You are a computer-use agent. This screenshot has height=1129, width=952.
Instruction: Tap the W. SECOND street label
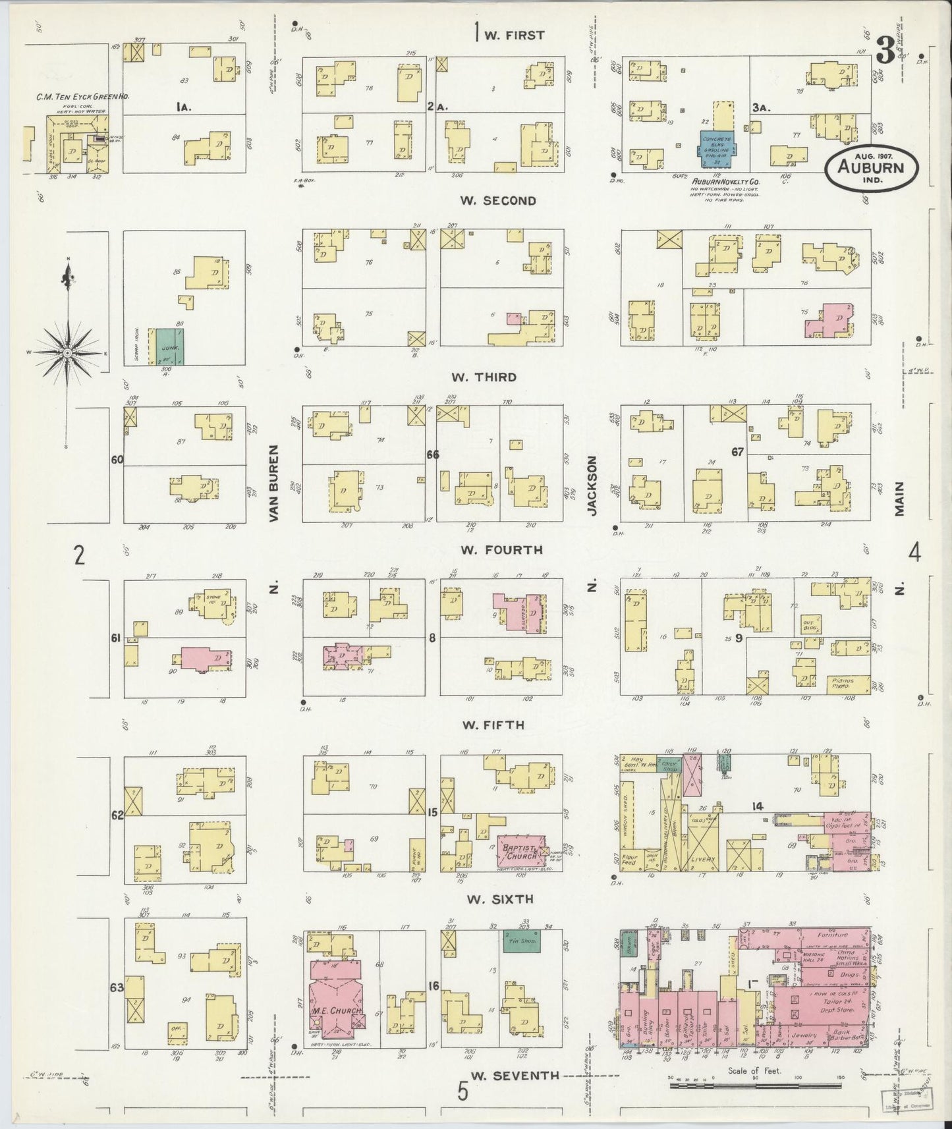point(498,200)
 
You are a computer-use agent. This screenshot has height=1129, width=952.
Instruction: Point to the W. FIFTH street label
point(493,725)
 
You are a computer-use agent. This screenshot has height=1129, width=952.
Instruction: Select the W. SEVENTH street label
point(516,1076)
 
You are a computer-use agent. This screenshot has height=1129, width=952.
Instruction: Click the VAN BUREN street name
point(275,483)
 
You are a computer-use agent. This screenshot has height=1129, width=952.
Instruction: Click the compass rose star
point(67,353)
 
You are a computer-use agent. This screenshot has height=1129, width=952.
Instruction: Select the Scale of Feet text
point(754,1070)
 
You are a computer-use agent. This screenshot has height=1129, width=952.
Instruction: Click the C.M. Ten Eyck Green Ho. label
point(82,97)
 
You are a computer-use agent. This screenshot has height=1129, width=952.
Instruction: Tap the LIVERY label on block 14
point(704,860)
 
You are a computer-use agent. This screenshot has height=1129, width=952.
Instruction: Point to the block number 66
point(432,454)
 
